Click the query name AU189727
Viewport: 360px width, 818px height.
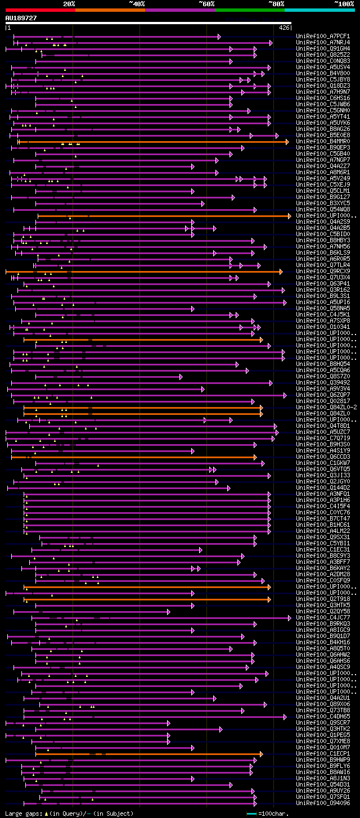coord(21,18)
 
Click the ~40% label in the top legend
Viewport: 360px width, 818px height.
coord(137,3)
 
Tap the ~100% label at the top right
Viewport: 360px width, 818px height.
coord(344,3)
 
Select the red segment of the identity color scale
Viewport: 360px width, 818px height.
coord(40,10)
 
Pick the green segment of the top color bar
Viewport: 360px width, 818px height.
coord(249,10)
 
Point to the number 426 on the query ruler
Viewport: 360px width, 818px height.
coord(284,27)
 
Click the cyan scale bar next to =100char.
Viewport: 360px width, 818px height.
coord(251,814)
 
